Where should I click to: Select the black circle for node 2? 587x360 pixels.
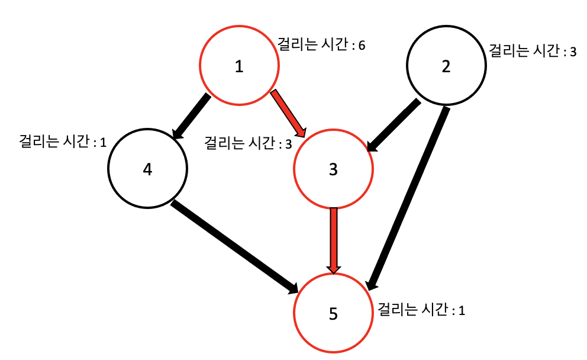point(446,66)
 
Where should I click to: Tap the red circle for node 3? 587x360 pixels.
point(333,169)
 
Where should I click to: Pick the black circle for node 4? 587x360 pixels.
point(147,169)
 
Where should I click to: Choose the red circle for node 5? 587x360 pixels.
point(333,313)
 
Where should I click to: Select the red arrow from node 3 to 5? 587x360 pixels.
point(334,240)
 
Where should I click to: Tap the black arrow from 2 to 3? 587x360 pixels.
point(394,126)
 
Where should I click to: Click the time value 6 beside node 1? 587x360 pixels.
point(361,46)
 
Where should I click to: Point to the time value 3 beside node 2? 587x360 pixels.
point(573,52)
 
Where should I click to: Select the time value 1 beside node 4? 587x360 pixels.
point(103,143)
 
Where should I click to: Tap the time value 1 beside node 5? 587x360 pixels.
point(462,310)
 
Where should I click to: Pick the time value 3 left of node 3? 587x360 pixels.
point(288,143)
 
